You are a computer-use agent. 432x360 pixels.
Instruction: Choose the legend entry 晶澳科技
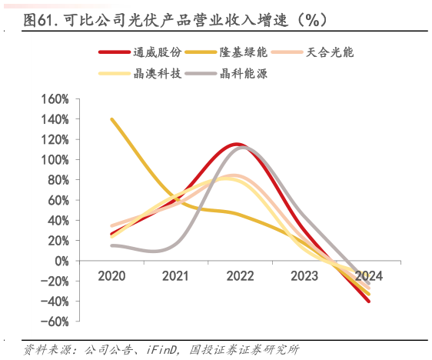pos(158,74)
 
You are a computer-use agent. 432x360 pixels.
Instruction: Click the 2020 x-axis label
pos(112,275)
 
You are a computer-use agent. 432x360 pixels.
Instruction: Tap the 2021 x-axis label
pos(177,275)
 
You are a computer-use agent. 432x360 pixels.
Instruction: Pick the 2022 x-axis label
pos(241,275)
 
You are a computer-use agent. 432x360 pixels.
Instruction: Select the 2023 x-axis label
pos(304,275)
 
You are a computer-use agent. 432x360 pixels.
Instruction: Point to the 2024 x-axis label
pos(368,275)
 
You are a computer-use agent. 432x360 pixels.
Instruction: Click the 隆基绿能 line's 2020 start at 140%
pos(112,119)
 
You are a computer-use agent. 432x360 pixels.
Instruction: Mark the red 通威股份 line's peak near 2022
pos(236,144)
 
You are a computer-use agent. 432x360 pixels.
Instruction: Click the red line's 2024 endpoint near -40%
pos(368,301)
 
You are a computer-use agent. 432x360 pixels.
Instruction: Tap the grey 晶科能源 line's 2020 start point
pos(112,245)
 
